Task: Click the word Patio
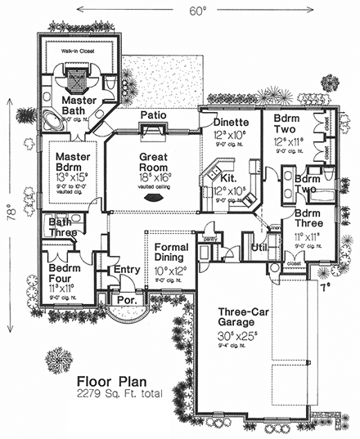click(x=155, y=115)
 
